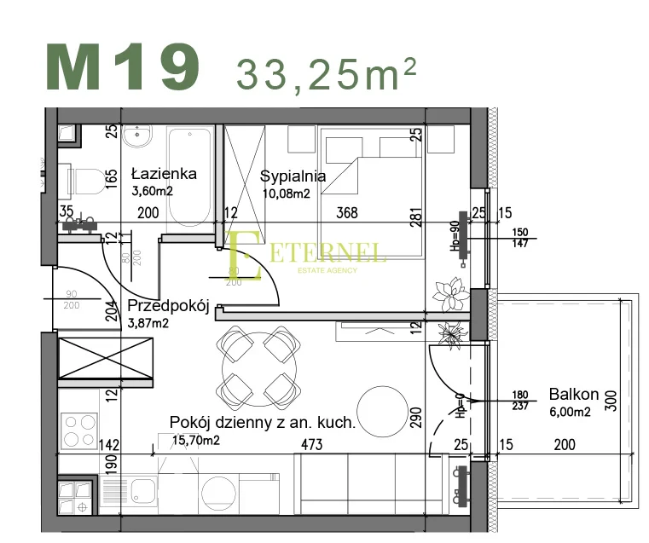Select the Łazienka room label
(x=164, y=174)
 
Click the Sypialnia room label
(x=293, y=177)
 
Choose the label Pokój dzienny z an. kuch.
(x=262, y=422)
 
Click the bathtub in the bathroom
(x=189, y=175)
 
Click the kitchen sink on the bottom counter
(x=135, y=493)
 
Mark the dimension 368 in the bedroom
(x=346, y=213)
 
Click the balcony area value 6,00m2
(x=571, y=412)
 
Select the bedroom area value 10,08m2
(x=285, y=194)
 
